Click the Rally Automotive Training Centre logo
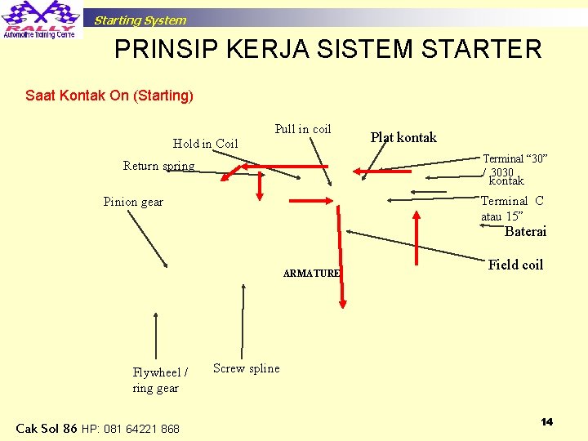pyautogui.click(x=40, y=20)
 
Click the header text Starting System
pyautogui.click(x=140, y=20)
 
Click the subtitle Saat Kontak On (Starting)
pyautogui.click(x=109, y=96)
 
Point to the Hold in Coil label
pyautogui.click(x=205, y=144)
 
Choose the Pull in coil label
pyautogui.click(x=303, y=129)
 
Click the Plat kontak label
pyautogui.click(x=403, y=137)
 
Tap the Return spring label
pyautogui.click(x=158, y=166)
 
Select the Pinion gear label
pyautogui.click(x=133, y=202)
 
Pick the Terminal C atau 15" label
pyautogui.click(x=512, y=208)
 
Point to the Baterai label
pyautogui.click(x=526, y=232)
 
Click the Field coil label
pyautogui.click(x=515, y=264)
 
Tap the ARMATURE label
pyautogui.click(x=311, y=274)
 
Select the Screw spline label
pyautogui.click(x=246, y=368)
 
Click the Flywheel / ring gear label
pyautogui.click(x=159, y=380)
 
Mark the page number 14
pyautogui.click(x=546, y=421)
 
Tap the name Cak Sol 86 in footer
pyautogui.click(x=47, y=428)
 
